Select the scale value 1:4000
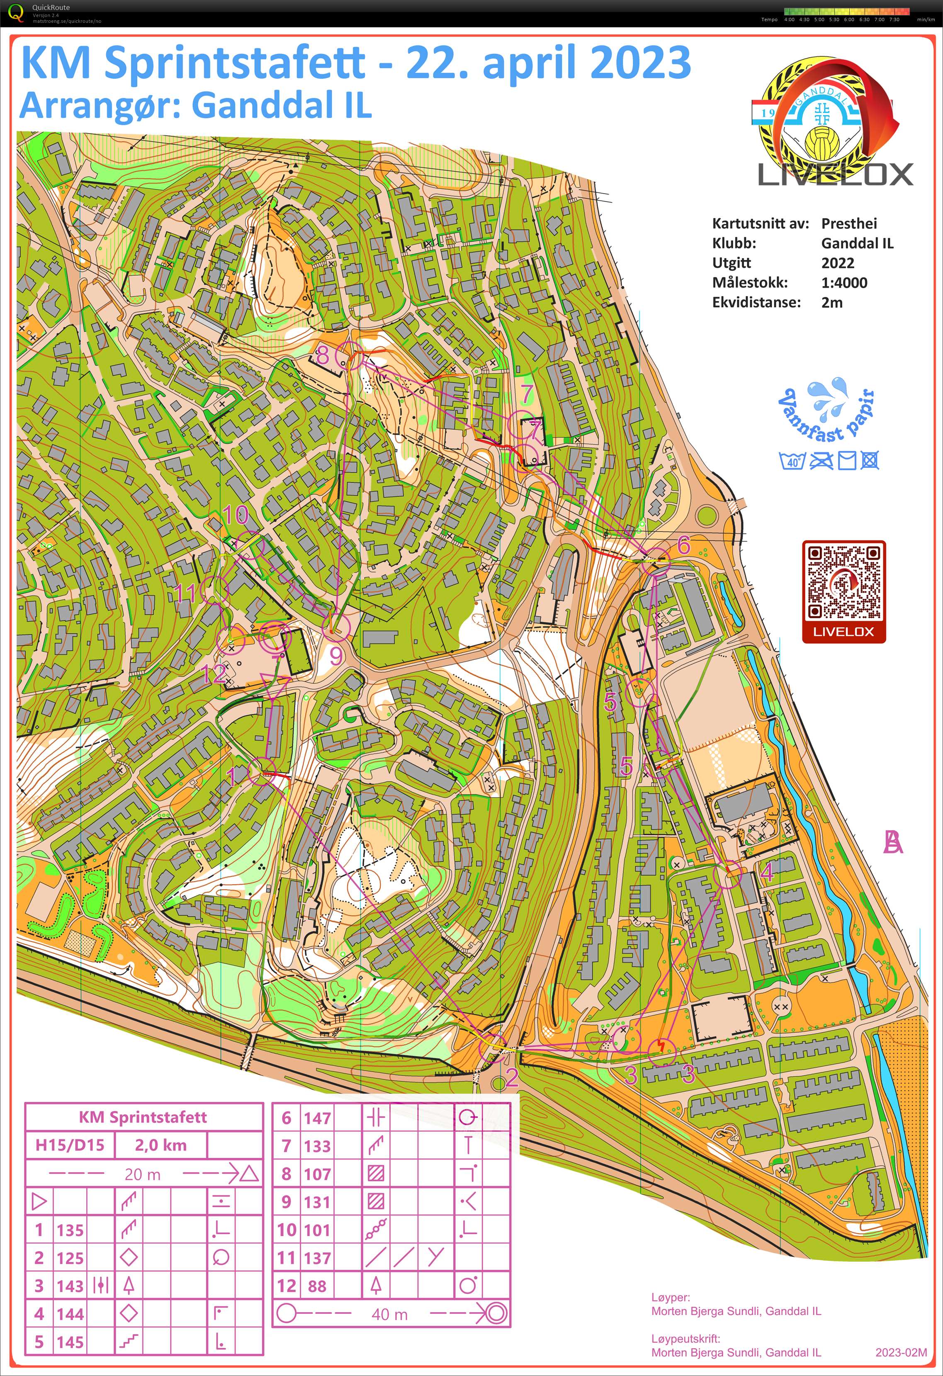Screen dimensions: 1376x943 (x=843, y=282)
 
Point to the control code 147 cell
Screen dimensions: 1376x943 (x=317, y=1118)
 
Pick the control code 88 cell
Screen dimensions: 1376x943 (x=317, y=1286)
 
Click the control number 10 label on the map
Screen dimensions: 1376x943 (x=236, y=515)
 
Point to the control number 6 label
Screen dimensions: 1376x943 (x=684, y=544)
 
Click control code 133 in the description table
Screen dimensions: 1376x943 (x=317, y=1146)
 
